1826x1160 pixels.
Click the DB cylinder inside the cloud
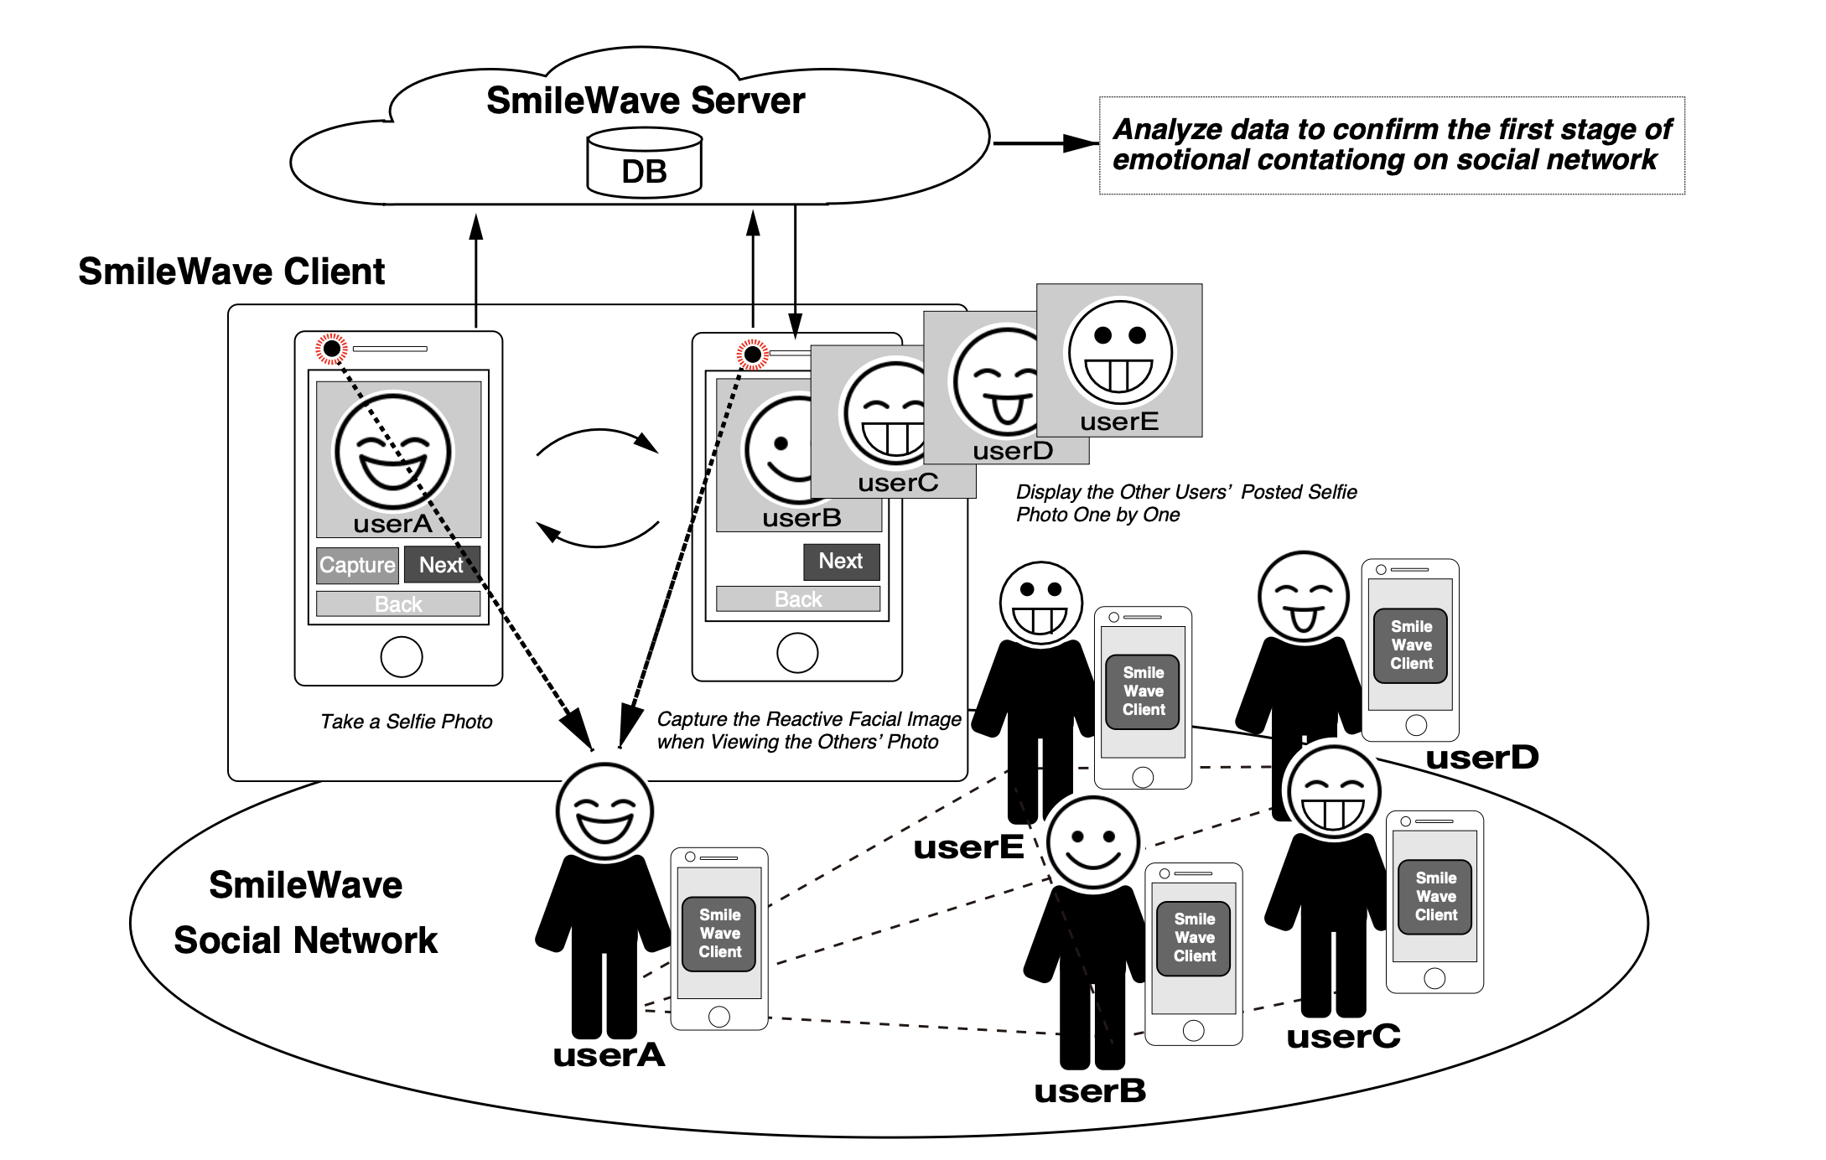pyautogui.click(x=644, y=163)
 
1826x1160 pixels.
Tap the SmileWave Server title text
pyautogui.click(x=645, y=101)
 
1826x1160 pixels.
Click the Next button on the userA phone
pyautogui.click(x=442, y=565)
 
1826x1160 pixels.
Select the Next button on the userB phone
pyautogui.click(x=841, y=561)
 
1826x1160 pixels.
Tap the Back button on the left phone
pyautogui.click(x=398, y=604)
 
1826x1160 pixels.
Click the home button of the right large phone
pyautogui.click(x=797, y=653)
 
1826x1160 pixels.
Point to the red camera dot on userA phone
pyautogui.click(x=331, y=348)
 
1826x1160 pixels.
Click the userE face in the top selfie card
pyautogui.click(x=1119, y=354)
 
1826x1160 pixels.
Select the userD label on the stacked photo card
pyautogui.click(x=1012, y=451)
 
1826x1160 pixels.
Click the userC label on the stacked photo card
pyautogui.click(x=897, y=483)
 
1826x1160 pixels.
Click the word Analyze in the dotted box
pyautogui.click(x=1159, y=129)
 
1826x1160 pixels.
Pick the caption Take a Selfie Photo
pyautogui.click(x=406, y=722)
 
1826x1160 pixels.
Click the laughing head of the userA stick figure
pyautogui.click(x=604, y=811)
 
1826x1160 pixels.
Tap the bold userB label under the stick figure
pyautogui.click(x=1089, y=1091)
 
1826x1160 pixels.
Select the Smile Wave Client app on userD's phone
pyautogui.click(x=1411, y=645)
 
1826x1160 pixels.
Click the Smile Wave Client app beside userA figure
pyautogui.click(x=719, y=934)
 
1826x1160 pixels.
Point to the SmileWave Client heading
pyautogui.click(x=231, y=272)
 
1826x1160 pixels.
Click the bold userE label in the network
pyautogui.click(x=968, y=847)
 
